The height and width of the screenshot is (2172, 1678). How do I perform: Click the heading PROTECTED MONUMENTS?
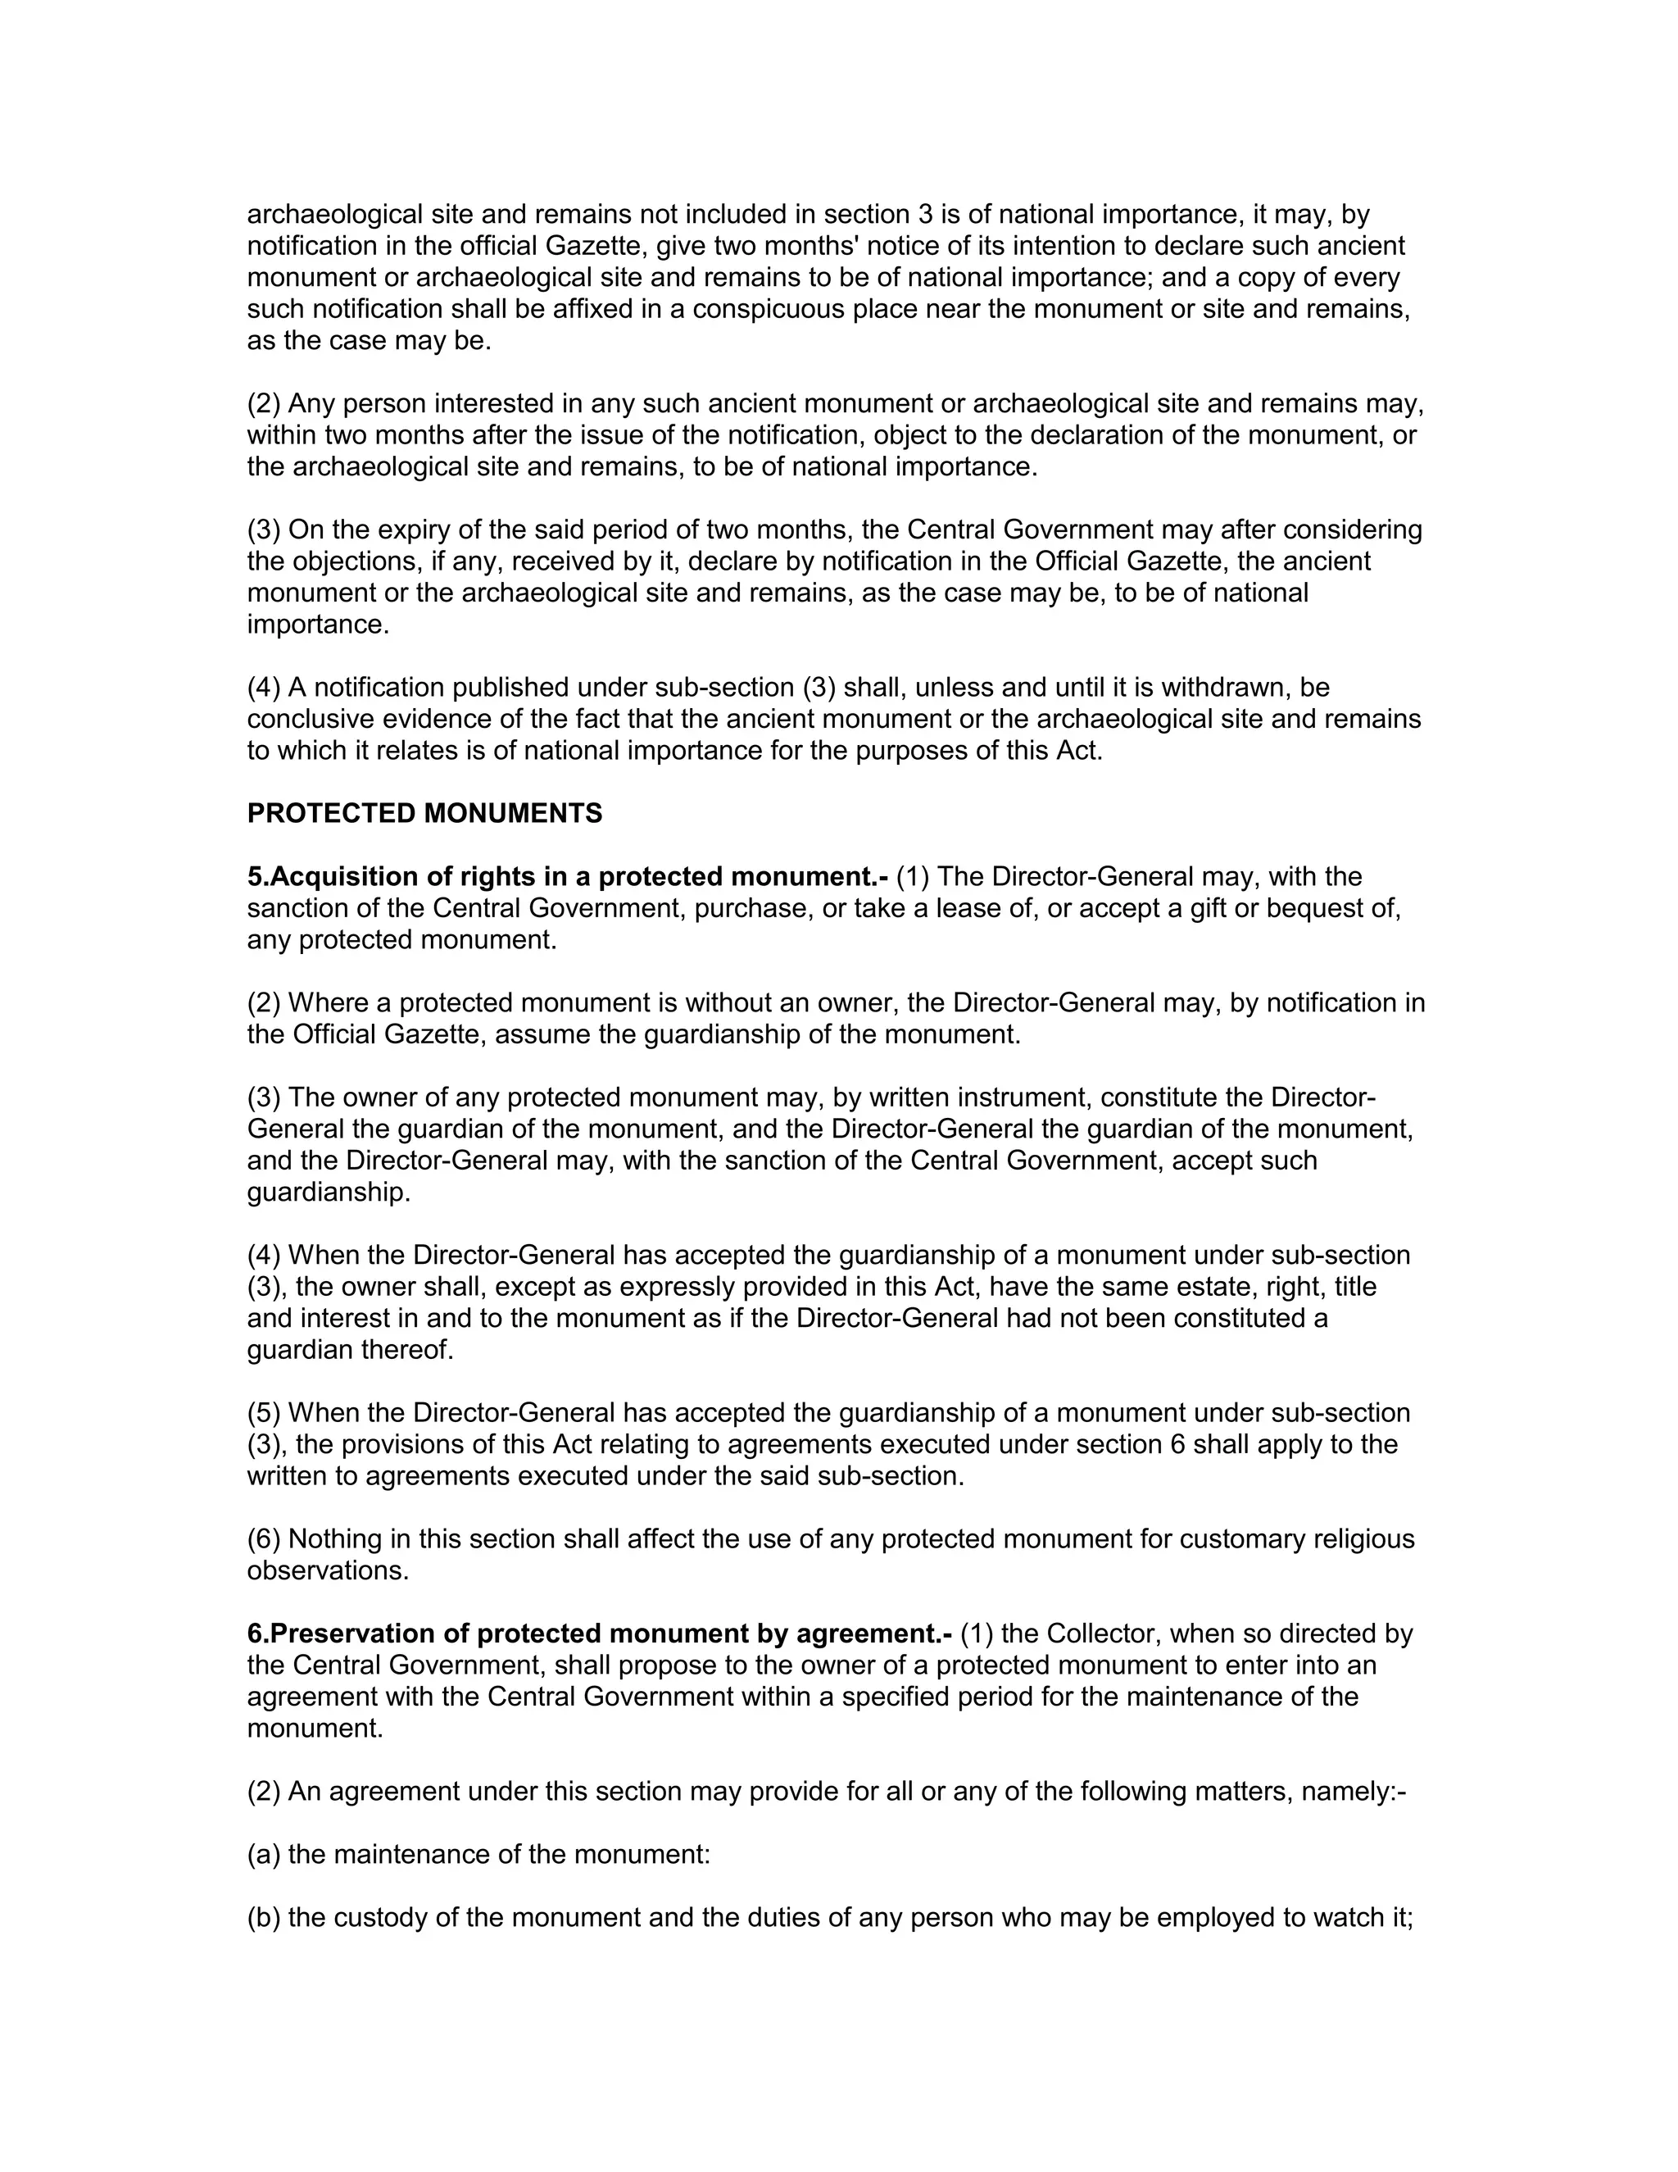click(424, 814)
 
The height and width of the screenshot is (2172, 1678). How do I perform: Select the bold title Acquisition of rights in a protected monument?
click(568, 877)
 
